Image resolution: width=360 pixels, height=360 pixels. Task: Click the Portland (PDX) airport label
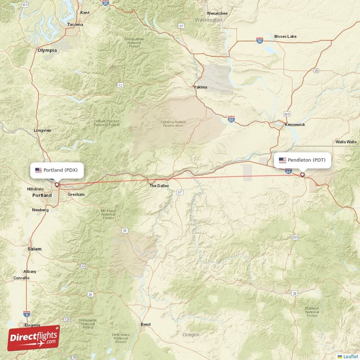pos(57,170)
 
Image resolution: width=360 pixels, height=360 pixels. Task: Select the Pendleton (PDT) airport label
pos(302,160)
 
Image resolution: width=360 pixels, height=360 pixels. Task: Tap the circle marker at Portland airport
pos(57,184)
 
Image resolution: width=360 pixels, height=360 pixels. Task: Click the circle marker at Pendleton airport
pos(302,175)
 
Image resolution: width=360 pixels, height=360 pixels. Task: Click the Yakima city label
pos(201,87)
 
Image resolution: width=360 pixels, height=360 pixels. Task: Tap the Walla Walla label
pos(346,142)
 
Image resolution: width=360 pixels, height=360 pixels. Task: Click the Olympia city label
pos(48,50)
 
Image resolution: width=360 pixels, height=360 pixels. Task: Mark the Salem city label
pos(34,249)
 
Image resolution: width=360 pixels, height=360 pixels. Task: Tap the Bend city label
pos(145,324)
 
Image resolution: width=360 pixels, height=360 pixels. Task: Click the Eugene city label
pos(32,325)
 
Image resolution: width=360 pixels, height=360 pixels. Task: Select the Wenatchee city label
pos(218,13)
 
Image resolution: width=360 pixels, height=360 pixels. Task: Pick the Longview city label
pos(43,130)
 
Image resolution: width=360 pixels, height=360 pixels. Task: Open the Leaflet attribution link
pos(350,356)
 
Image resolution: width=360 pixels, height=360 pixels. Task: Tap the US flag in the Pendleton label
pos(283,160)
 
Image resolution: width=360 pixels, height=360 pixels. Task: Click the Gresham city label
pos(76,195)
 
